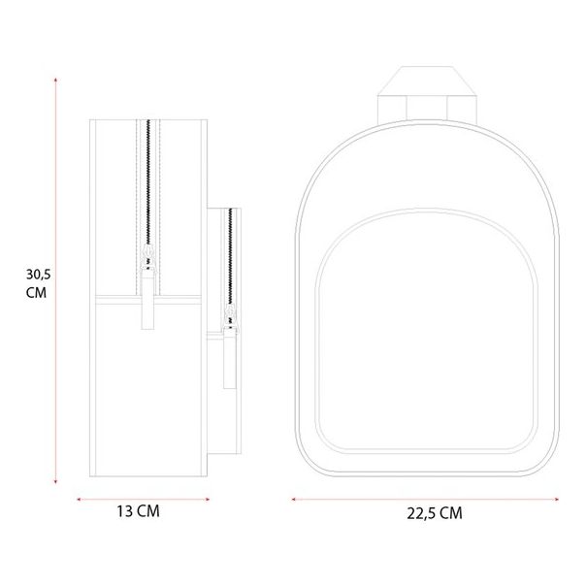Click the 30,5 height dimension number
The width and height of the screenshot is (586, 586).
point(38,274)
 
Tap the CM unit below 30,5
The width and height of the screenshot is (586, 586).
point(38,291)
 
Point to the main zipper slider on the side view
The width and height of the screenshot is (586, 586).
point(148,256)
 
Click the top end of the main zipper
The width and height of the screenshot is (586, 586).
point(148,120)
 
